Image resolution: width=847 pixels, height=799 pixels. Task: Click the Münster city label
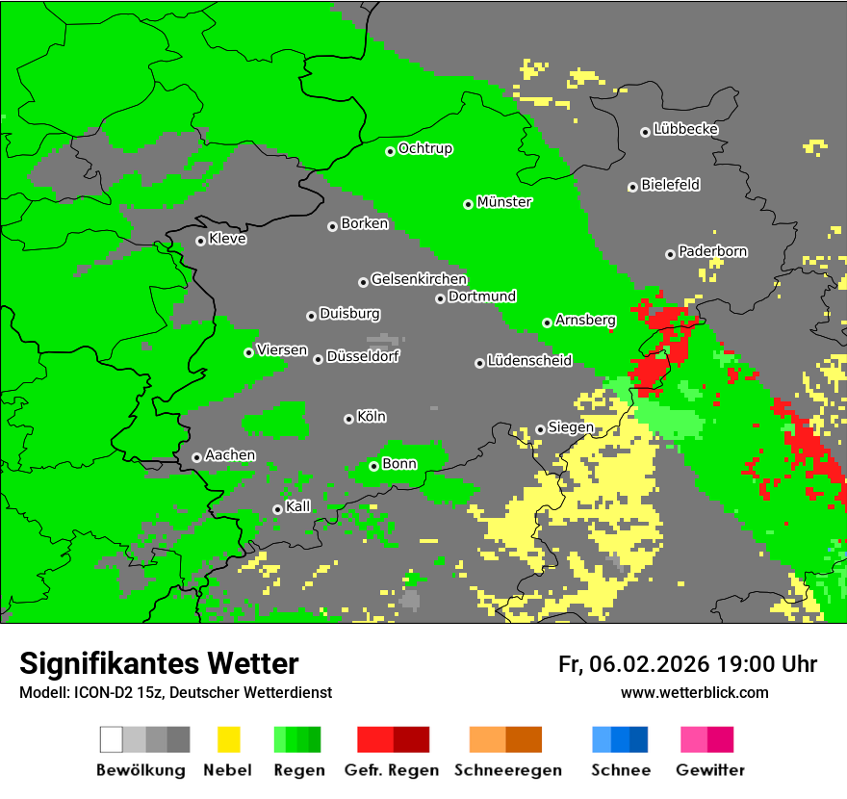tap(504, 202)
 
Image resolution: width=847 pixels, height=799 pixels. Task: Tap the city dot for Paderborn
tap(670, 254)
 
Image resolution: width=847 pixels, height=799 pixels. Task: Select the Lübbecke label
tap(685, 129)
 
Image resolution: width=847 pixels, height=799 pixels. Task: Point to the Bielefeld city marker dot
tap(632, 187)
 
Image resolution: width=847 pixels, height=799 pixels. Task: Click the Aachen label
tap(230, 454)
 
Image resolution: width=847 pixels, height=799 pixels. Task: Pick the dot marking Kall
tap(277, 509)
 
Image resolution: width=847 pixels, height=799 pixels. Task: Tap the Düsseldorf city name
tap(363, 356)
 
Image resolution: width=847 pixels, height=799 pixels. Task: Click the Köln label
tap(372, 417)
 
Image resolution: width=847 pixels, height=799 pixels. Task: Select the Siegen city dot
tap(540, 429)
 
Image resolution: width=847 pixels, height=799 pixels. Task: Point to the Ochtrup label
tap(425, 148)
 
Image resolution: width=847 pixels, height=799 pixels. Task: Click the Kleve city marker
tap(200, 241)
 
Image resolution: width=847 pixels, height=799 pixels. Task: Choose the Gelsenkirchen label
tap(419, 279)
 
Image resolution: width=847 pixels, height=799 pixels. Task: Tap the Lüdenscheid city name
tap(529, 361)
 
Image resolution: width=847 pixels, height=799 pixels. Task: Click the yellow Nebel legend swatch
tap(228, 739)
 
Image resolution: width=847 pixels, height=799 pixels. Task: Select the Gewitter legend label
tap(710, 770)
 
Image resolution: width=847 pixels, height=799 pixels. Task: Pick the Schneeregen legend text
tap(505, 770)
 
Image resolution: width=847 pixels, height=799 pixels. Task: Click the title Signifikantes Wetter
tap(159, 663)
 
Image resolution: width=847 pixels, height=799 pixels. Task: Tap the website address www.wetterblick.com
tap(694, 692)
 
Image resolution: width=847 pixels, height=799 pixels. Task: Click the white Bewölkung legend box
tap(112, 739)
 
